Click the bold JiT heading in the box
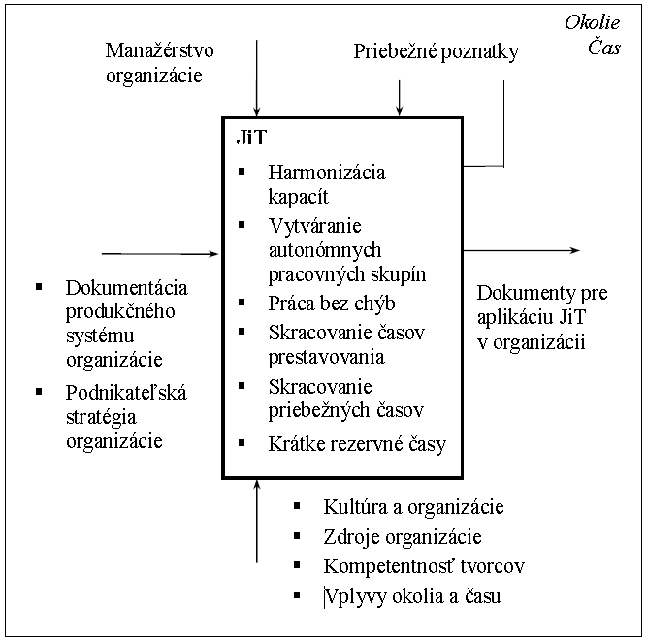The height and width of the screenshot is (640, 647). [251, 138]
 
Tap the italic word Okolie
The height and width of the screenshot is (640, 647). [592, 22]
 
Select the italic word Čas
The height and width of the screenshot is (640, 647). [604, 47]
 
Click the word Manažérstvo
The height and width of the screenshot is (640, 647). [160, 50]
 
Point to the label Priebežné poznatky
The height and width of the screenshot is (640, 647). [437, 52]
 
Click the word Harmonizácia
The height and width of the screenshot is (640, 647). [327, 173]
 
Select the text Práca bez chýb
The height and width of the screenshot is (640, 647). [332, 304]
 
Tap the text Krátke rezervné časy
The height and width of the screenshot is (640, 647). [357, 444]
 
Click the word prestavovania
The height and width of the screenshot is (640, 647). [326, 357]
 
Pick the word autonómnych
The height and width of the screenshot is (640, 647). [325, 250]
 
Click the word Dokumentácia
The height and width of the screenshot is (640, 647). [127, 288]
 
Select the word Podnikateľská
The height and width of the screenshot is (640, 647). [126, 393]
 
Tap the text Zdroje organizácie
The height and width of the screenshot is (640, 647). [403, 537]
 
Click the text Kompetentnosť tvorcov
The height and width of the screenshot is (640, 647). [424, 566]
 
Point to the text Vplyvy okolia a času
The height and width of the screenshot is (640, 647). [412, 596]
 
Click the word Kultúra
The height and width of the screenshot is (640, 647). [355, 507]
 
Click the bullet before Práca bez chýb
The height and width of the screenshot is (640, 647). [242, 303]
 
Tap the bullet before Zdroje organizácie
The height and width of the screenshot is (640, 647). [297, 535]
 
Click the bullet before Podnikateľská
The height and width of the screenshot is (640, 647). [39, 392]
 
